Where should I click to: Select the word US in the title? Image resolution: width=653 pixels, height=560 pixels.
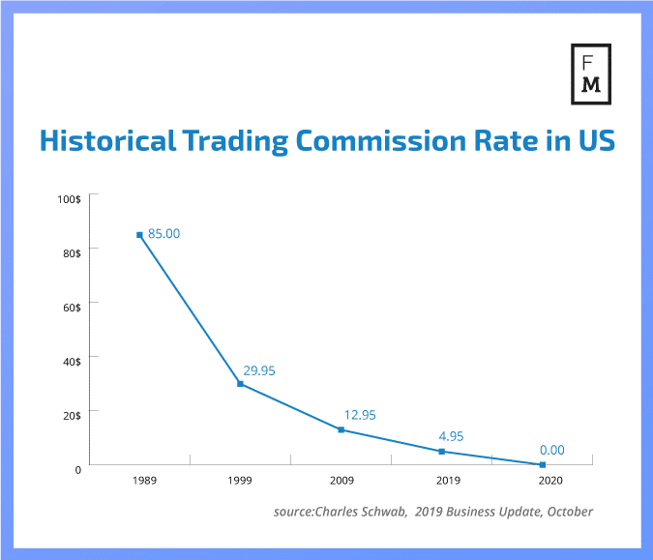tap(591, 142)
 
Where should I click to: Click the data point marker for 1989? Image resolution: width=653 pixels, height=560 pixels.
tap(140, 234)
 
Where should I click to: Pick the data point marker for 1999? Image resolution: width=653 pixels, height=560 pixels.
tap(240, 384)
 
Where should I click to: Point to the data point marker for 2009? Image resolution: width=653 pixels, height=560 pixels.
tap(341, 429)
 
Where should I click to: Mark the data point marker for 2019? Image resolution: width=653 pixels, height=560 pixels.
tap(442, 452)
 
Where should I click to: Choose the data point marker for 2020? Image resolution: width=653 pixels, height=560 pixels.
tap(543, 465)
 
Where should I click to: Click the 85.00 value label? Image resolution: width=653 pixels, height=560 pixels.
tap(164, 233)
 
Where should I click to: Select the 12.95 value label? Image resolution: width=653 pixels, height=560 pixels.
tap(359, 415)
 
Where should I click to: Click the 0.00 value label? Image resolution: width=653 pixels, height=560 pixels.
tap(552, 450)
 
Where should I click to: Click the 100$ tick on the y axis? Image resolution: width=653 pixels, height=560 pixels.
tap(69, 198)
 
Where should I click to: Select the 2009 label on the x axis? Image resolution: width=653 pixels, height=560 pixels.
tap(341, 480)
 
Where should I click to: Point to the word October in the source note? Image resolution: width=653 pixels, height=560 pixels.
tap(568, 511)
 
